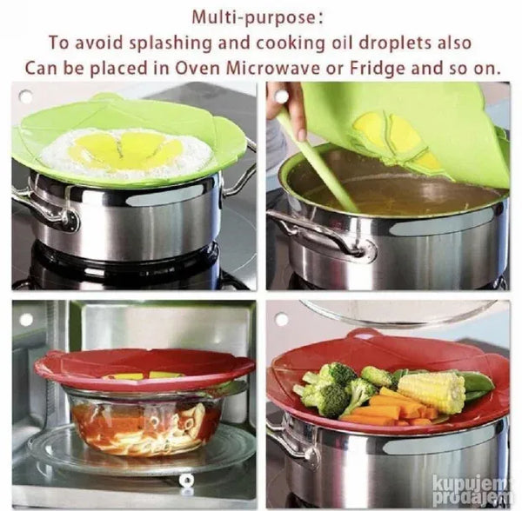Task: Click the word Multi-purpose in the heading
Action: point(253,18)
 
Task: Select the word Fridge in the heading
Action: point(378,69)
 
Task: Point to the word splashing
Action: point(171,43)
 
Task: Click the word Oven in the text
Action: point(197,69)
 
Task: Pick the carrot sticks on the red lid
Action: point(393,408)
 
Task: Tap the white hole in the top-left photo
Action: point(26,96)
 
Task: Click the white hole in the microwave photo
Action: point(26,320)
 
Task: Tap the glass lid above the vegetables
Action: point(399,312)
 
